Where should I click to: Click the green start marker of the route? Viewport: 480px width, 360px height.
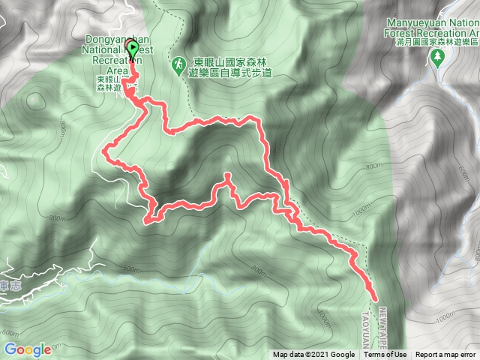133,50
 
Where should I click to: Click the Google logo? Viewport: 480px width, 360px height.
27,349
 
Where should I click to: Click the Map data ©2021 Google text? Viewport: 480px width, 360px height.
313,355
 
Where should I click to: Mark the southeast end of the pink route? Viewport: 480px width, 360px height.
373,298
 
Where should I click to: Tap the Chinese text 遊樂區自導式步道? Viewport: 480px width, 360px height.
239,74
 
